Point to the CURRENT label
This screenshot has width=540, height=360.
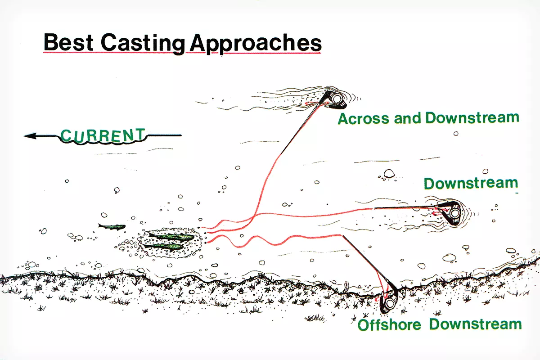103,135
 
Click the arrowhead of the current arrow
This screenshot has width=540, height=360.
30,136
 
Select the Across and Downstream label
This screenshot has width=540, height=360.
428,118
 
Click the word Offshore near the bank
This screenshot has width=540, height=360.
389,324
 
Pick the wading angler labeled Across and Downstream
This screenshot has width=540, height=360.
335,99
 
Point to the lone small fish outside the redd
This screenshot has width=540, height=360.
112,226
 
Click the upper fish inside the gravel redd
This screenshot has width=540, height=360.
171,237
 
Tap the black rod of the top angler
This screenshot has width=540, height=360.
304,123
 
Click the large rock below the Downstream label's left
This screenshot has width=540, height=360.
389,174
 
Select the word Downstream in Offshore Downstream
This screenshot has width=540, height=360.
475,324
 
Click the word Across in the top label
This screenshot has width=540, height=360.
364,119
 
